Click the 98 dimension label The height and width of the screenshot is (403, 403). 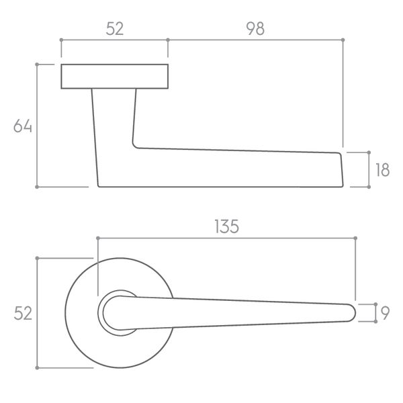255,28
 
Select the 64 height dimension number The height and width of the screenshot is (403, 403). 23,126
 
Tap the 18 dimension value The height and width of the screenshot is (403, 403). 382,170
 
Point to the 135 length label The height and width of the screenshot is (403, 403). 227,227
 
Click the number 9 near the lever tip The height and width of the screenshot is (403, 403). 385,313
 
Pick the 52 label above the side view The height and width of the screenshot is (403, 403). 115,28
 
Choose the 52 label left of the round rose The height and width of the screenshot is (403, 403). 23,313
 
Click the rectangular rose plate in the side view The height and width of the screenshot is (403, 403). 115,77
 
